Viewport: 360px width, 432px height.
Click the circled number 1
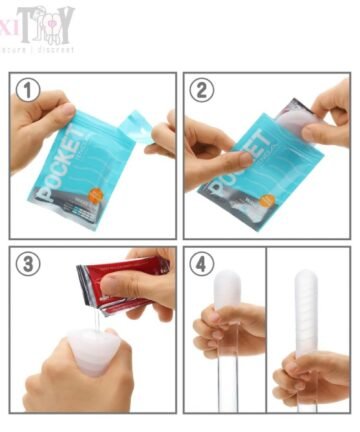(x=30, y=91)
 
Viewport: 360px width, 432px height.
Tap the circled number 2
(x=204, y=91)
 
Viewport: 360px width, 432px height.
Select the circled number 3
(x=30, y=265)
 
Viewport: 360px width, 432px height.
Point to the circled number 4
(x=203, y=265)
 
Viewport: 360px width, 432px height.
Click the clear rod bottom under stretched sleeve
(x=306, y=400)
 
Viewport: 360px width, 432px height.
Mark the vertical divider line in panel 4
(x=266, y=330)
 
